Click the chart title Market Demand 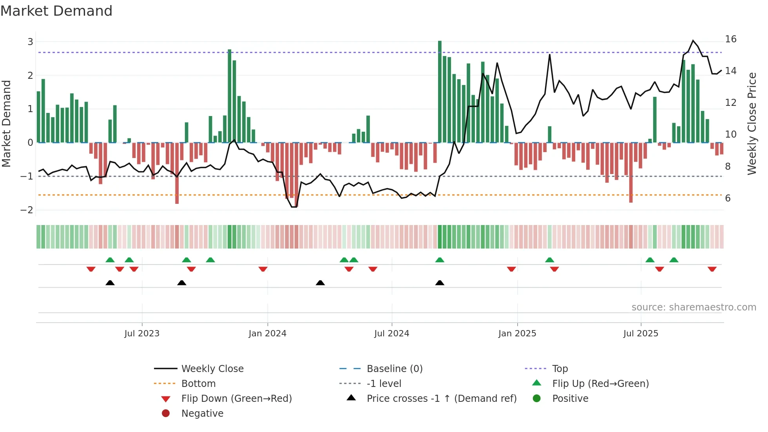coord(56,11)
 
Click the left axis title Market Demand coord(7,123)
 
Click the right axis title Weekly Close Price coord(752,123)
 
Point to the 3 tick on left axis coord(30,42)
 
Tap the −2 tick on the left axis coord(27,210)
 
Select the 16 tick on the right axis coord(730,39)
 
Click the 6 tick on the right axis coord(728,198)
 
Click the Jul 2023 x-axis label coord(142,334)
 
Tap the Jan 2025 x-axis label coord(517,334)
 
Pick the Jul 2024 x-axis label coord(391,334)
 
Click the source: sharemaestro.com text coord(694,307)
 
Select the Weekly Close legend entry coord(212,369)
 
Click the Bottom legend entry coord(198,384)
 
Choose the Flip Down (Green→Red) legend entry coord(236,399)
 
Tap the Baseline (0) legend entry coord(394,369)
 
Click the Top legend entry coord(560,369)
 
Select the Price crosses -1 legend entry coord(441,399)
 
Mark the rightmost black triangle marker coord(440,283)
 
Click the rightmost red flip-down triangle coord(712,269)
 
